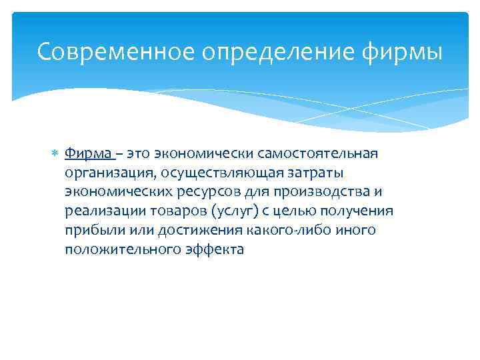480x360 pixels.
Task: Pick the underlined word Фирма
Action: pyautogui.click(x=88, y=154)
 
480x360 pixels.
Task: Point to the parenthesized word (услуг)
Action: pyautogui.click(x=230, y=211)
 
